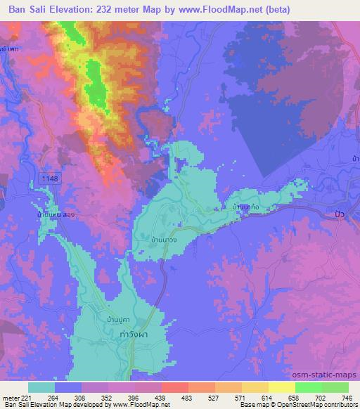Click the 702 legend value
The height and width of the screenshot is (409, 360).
click(316, 397)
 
